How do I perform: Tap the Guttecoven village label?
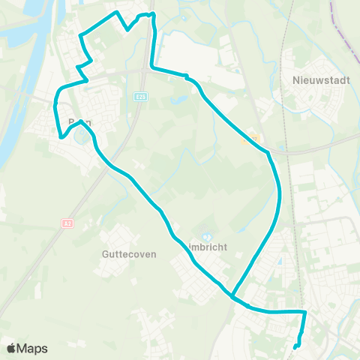pos(128,254)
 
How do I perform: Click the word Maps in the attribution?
pos(33,348)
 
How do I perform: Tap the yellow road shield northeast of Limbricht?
pos(254,137)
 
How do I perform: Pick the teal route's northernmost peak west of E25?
pos(115,13)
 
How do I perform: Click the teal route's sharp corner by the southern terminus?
pos(305,311)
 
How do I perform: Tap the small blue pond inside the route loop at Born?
pos(79,135)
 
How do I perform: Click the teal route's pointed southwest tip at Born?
pos(60,137)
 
